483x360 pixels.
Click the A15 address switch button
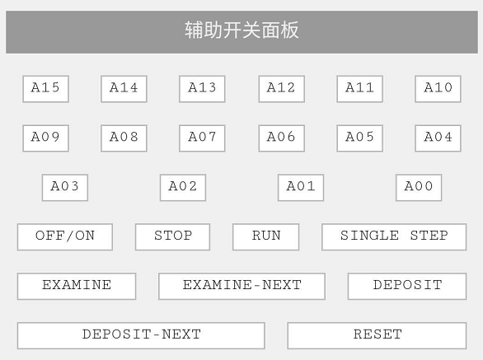(x=45, y=89)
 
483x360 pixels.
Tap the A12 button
(x=282, y=89)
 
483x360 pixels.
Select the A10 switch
(x=438, y=89)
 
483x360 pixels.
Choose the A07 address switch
(x=202, y=138)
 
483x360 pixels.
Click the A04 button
(x=438, y=138)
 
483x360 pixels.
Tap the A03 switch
(x=65, y=188)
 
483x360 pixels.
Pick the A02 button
(x=183, y=188)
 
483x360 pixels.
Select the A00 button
(x=419, y=188)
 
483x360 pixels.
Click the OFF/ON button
(x=65, y=236)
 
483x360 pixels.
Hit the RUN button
(x=266, y=236)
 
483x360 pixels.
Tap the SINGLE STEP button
(x=394, y=236)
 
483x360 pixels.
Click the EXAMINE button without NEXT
(x=77, y=286)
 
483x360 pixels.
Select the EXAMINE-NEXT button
(x=242, y=286)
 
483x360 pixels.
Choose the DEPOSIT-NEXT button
(x=141, y=335)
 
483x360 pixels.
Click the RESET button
(x=377, y=335)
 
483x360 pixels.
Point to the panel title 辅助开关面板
(x=242, y=30)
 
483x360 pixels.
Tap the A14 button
(x=124, y=89)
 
